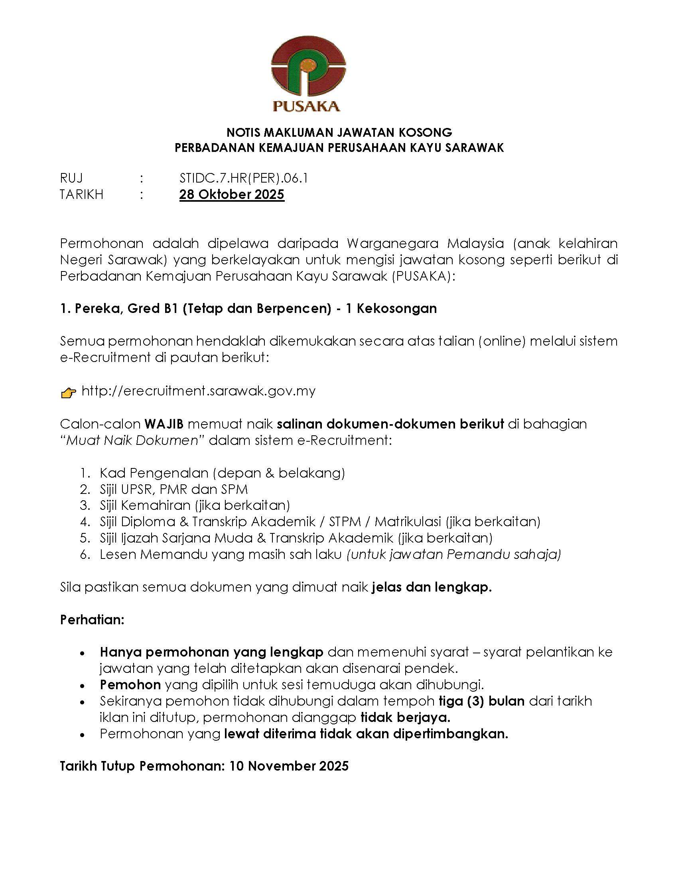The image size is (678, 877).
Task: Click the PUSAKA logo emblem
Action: pos(308,70)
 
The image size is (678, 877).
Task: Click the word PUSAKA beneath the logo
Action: pos(306,106)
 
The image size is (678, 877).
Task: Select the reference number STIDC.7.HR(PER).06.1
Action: pos(244,178)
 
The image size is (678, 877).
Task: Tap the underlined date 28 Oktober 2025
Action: pos(232,195)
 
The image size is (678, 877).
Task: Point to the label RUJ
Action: pos(71,178)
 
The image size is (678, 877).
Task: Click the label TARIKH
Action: pos(81,195)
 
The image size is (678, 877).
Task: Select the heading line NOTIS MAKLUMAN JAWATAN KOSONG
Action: pos(339,132)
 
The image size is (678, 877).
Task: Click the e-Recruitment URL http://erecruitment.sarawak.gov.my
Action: pos(199,390)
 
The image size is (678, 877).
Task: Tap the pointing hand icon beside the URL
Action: pos(68,392)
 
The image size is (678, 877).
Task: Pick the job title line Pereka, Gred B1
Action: pos(248,308)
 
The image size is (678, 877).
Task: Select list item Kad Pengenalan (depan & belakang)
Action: pos(222,473)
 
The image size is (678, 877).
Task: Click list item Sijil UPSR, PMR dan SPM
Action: pos(173,489)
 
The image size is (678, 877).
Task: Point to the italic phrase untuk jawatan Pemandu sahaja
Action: pos(454,554)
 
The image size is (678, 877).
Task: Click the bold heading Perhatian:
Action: pos(93,619)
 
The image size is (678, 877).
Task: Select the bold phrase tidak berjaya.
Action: pos(405,717)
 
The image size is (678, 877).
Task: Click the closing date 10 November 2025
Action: pos(289,766)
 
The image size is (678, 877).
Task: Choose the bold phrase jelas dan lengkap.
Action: pos(432,587)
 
